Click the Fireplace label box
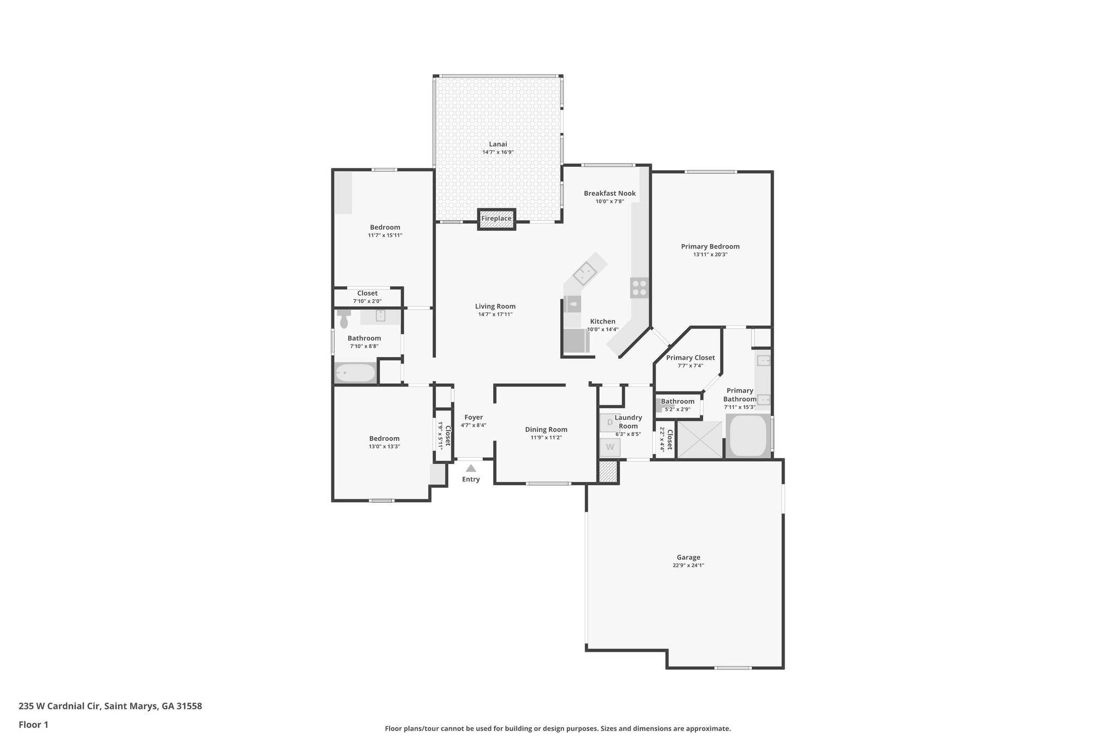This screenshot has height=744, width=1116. click(x=496, y=219)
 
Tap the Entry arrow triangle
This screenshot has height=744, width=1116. click(x=471, y=468)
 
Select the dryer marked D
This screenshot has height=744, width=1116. click(x=610, y=422)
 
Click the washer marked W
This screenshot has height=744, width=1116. click(x=610, y=447)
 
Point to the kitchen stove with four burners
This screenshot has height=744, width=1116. click(x=639, y=288)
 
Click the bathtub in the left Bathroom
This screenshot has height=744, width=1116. click(x=355, y=373)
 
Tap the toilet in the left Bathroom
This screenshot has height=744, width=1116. click(x=344, y=320)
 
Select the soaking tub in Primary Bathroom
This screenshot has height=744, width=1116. click(x=748, y=436)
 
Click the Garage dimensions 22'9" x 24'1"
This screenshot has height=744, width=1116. click(x=688, y=565)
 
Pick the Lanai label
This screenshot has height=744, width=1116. click(x=498, y=144)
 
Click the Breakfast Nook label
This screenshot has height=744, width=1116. click(x=609, y=193)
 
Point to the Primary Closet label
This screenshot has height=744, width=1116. click(x=690, y=358)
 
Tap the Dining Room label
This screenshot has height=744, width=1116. click(x=546, y=430)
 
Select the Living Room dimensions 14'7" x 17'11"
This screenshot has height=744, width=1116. click(x=495, y=314)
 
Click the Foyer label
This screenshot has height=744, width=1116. click(x=473, y=418)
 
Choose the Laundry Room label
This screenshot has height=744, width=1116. click(x=628, y=422)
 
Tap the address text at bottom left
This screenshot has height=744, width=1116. click(x=110, y=706)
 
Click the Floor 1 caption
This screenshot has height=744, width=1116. click(x=33, y=725)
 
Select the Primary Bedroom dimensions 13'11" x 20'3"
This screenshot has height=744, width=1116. click(x=710, y=255)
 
